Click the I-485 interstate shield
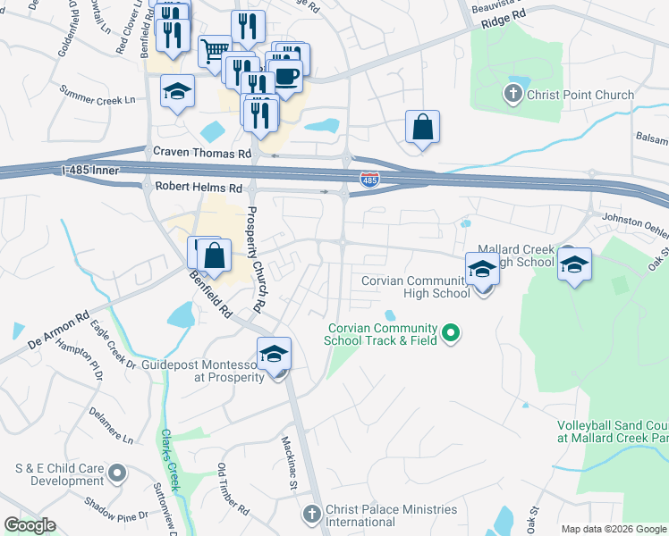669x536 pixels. point(368,180)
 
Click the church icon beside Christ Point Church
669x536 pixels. point(513,93)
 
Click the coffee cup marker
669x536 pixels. point(285,75)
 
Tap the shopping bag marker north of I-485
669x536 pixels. point(422,127)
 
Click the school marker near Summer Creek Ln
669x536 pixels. point(177,91)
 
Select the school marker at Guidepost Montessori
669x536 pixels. point(275,354)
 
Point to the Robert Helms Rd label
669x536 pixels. point(199,188)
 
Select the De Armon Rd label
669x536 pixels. point(60,330)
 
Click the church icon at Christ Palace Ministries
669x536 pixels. point(311,514)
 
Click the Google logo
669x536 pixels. point(30,525)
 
